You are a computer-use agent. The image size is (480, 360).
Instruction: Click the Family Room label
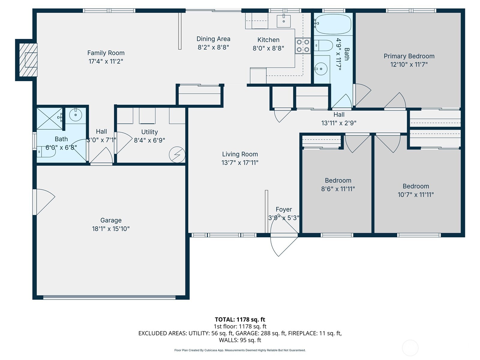point(106,53)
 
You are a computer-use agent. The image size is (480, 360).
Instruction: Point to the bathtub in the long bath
point(333,24)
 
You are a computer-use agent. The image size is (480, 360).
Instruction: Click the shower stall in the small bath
point(49,118)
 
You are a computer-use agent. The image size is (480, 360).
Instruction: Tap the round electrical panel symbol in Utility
point(177,154)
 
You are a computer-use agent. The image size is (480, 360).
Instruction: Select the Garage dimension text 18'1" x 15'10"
point(111,229)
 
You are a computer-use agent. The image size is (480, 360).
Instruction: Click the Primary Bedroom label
point(409,56)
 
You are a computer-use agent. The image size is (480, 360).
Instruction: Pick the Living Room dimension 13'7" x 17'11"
point(240,163)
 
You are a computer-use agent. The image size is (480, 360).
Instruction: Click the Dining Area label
point(213,39)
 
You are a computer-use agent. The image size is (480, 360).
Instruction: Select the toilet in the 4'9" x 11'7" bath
point(324,46)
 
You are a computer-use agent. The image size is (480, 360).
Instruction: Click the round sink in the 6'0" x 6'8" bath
point(76,115)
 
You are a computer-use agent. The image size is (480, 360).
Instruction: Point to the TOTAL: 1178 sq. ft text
point(240,319)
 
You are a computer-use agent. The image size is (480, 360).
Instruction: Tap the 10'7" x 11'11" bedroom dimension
point(415,195)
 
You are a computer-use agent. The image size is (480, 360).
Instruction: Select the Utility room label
point(149,132)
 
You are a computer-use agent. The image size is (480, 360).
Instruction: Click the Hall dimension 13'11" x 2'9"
point(339,123)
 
